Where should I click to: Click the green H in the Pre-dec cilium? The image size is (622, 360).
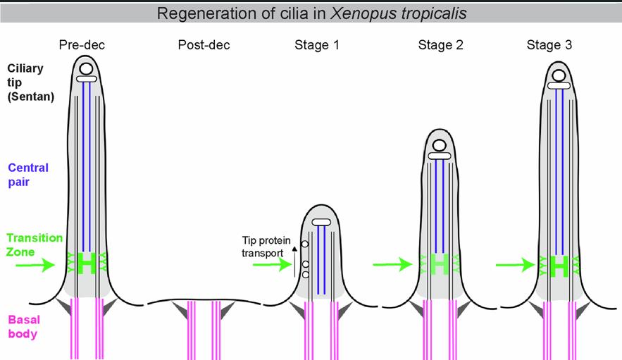87,263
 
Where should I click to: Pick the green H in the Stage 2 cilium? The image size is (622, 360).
440,264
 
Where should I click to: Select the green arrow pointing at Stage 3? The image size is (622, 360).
516,265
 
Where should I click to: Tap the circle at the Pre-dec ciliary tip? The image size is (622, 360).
87,69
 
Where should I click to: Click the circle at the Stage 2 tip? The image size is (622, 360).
440,145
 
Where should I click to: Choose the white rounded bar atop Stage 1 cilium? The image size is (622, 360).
321,223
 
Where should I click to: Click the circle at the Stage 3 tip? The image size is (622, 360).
559,75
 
